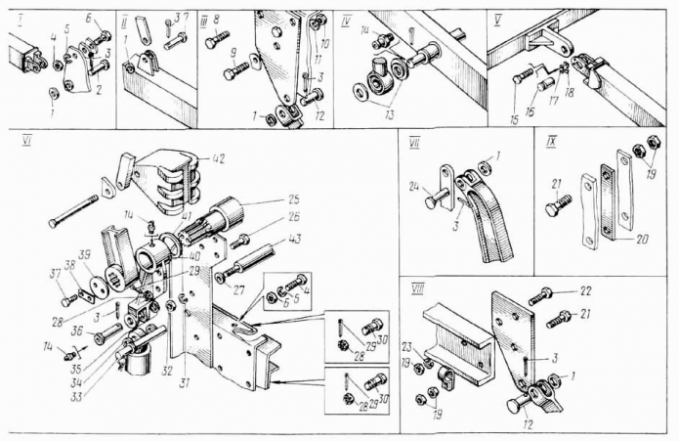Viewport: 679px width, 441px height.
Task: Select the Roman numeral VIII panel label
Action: click(418, 287)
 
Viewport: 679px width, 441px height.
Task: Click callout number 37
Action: click(55, 271)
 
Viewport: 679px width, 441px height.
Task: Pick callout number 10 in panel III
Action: click(327, 44)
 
